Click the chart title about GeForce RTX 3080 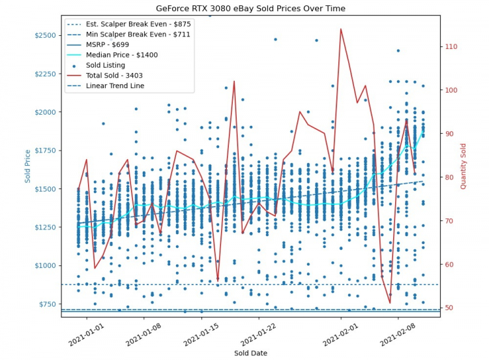tap(251, 8)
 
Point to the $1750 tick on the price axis tap(44, 151)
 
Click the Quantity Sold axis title tap(464, 166)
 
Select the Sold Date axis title tap(251, 353)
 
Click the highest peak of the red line tap(340, 29)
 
